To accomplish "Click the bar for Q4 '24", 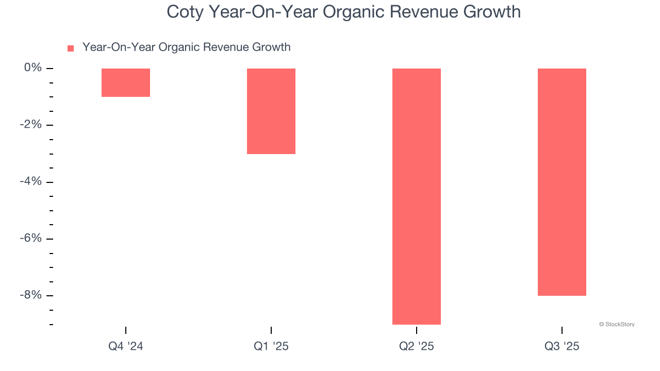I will tap(126, 82).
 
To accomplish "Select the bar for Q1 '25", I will tap(271, 111).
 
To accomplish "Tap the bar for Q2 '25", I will tap(417, 196).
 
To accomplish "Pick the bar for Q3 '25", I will tap(562, 182).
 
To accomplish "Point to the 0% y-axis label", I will tap(32, 68).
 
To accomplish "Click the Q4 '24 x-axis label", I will tap(126, 346).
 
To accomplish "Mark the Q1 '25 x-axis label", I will tap(271, 346).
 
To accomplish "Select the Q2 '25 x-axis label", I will tap(417, 346).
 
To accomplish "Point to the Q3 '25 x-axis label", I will tap(562, 346).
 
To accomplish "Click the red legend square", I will tap(71, 48).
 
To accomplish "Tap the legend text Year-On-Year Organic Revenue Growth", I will tap(186, 47).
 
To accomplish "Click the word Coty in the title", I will tap(185, 12).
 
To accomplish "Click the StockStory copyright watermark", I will tap(617, 325).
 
